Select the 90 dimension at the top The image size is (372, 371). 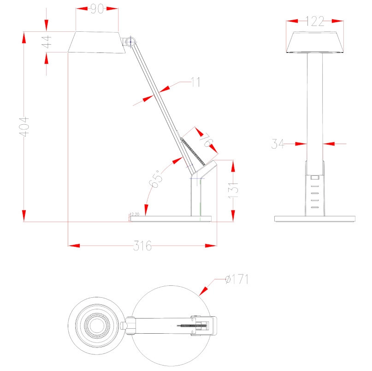[x=96, y=9]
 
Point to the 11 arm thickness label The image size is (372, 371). [x=195, y=82]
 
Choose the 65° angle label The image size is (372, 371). [x=156, y=179]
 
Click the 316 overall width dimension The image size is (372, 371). [x=142, y=246]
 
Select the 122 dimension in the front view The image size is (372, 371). [x=315, y=21]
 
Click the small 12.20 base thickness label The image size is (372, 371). [x=135, y=214]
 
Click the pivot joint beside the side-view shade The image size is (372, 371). [x=131, y=41]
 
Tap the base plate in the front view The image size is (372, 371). [x=315, y=219]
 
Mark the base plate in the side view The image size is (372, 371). [x=171, y=219]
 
